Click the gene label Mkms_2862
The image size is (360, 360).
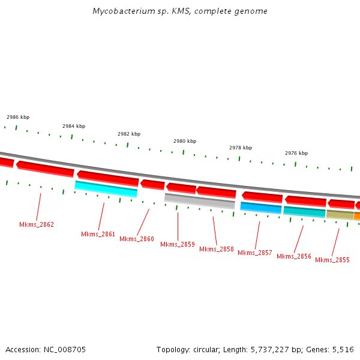(37, 224)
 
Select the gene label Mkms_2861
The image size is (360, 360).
(98, 234)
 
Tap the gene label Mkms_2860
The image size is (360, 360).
(137, 239)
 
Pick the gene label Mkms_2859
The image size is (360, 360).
(178, 244)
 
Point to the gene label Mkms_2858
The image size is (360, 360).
(217, 249)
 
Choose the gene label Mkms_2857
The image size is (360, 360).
(255, 253)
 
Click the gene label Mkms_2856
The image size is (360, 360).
(294, 256)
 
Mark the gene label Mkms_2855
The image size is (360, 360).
(332, 260)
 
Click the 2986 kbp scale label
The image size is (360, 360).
(18, 117)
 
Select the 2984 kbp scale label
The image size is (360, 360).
(74, 126)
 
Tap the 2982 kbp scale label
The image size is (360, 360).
(129, 134)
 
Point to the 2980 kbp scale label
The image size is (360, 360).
(185, 141)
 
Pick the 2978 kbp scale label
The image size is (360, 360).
(241, 147)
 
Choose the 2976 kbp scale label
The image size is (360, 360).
(296, 153)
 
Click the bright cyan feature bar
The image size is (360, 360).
(106, 189)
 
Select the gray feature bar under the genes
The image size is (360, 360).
(199, 201)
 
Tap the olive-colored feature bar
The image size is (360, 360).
(340, 214)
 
